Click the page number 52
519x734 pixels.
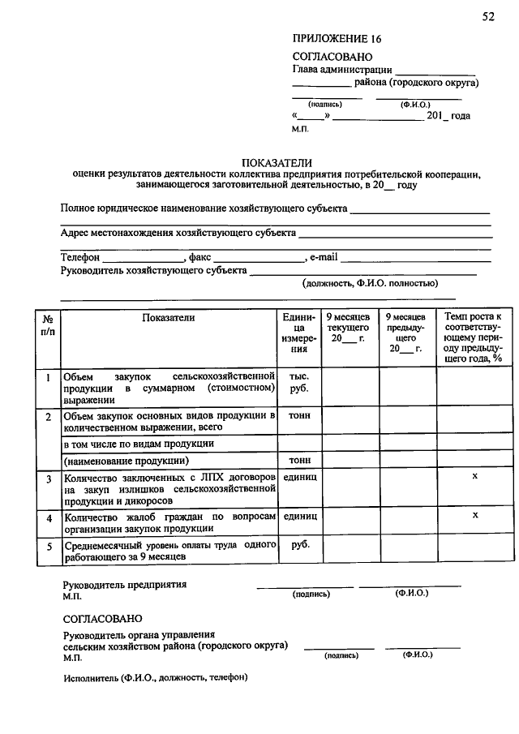click(487, 17)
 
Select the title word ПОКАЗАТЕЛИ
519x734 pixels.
click(277, 162)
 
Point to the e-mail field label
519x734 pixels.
click(323, 257)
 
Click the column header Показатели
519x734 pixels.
click(169, 318)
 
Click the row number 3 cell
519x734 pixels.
click(49, 479)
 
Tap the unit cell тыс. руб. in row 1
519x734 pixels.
click(299, 383)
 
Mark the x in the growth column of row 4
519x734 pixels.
click(475, 515)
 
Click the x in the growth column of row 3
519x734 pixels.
click(475, 478)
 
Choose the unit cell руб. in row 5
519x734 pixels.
click(299, 545)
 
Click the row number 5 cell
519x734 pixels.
click(49, 547)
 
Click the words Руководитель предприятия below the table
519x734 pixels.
click(125, 584)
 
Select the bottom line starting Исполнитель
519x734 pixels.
click(156, 676)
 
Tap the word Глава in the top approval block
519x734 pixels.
click(307, 70)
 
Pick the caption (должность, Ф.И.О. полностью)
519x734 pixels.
click(371, 283)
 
